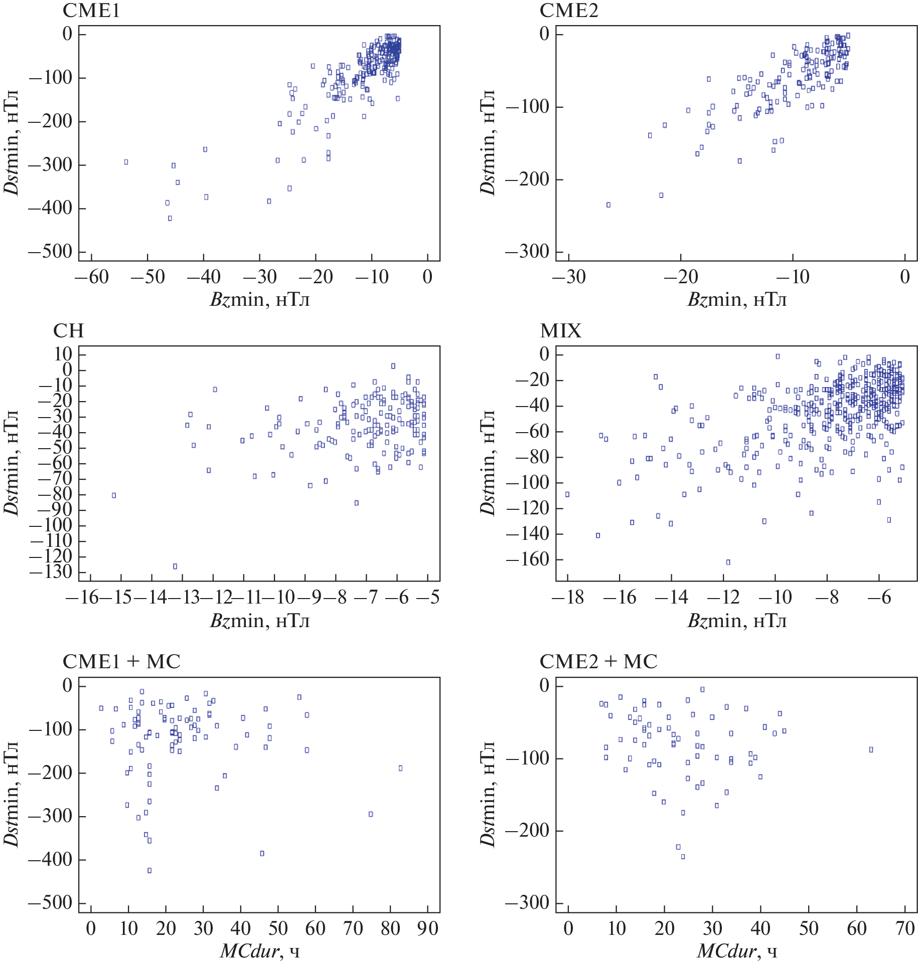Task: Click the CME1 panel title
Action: [x=91, y=11]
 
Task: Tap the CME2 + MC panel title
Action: [x=598, y=662]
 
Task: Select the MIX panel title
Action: [x=560, y=331]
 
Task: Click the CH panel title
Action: [x=68, y=331]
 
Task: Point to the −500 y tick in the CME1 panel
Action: [x=50, y=252]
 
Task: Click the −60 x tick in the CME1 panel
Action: [x=92, y=277]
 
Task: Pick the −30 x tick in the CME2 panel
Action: [x=569, y=277]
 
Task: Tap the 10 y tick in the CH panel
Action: [x=57, y=354]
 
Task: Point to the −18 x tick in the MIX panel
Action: [x=568, y=598]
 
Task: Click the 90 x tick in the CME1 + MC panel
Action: [x=427, y=928]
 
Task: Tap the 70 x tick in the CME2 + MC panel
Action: [x=904, y=928]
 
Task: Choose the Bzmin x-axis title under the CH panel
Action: [x=259, y=621]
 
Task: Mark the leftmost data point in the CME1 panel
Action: [x=126, y=162]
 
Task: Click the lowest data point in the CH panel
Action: [x=175, y=566]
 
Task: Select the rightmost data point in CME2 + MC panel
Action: [x=871, y=750]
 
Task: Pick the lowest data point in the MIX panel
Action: [x=728, y=562]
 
